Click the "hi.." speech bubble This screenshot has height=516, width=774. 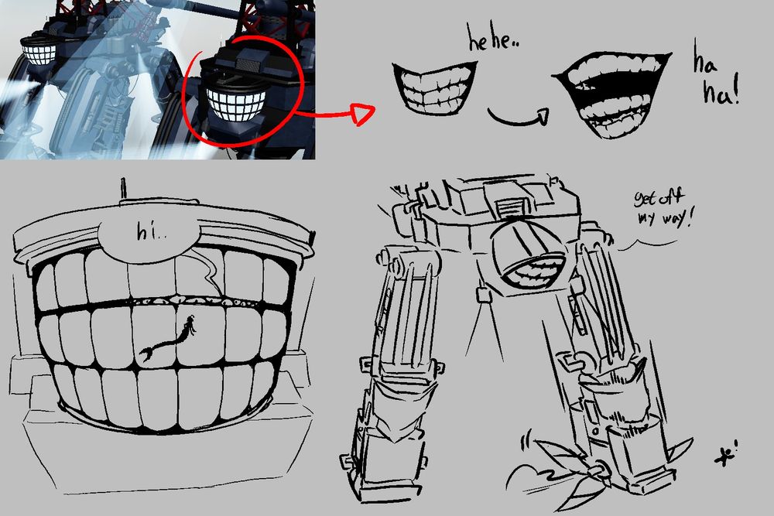click(150, 234)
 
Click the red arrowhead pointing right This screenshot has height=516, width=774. click(361, 114)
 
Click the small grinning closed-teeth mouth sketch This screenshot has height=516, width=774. click(434, 87)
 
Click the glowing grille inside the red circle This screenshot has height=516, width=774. click(236, 104)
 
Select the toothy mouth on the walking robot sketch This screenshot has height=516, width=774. click(533, 272)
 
